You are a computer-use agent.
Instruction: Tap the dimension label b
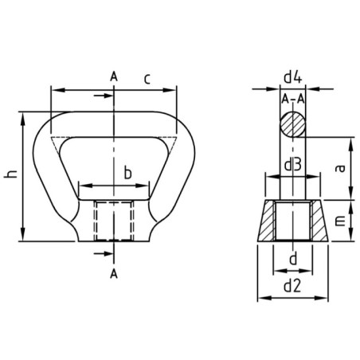point(126,173)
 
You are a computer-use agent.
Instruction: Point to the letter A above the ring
point(114,76)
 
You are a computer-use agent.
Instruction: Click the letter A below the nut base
point(114,273)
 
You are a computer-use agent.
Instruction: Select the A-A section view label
point(292,100)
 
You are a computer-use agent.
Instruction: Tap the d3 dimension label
point(292,166)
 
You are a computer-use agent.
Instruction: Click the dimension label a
point(338,166)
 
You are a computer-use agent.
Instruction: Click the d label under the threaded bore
point(292,259)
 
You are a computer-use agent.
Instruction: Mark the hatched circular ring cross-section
point(292,125)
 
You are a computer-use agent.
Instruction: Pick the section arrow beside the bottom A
point(102,253)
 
